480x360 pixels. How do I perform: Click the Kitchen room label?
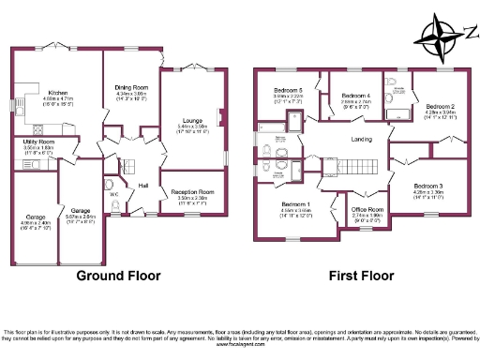[58, 93]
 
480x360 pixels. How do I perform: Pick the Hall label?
[143, 186]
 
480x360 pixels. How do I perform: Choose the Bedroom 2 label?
[439, 107]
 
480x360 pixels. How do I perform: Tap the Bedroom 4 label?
[355, 97]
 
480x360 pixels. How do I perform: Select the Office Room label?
[367, 209]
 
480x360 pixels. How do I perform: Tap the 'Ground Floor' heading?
[118, 276]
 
